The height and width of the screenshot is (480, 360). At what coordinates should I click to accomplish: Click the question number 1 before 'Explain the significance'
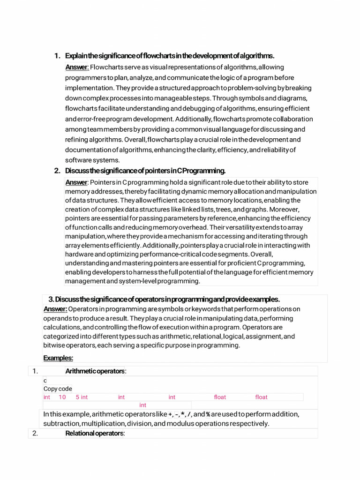(57, 56)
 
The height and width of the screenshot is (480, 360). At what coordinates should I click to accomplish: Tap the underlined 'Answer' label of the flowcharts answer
(76, 67)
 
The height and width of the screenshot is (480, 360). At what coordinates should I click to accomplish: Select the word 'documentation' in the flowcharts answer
(88, 150)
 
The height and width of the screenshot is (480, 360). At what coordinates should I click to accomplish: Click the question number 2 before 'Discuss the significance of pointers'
(57, 171)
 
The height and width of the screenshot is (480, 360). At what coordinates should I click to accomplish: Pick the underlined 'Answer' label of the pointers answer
(76, 182)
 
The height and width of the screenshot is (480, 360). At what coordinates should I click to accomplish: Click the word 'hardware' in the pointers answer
(79, 254)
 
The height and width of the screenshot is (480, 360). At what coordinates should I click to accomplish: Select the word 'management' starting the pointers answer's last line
(85, 281)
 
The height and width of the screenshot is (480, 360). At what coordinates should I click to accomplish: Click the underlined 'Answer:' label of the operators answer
(55, 309)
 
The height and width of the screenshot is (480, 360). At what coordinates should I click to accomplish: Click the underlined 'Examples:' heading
(58, 358)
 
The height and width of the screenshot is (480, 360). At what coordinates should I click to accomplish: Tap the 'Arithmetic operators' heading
(96, 371)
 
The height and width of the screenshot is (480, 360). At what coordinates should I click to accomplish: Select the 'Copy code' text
(58, 389)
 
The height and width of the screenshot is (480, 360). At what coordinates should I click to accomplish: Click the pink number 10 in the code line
(62, 397)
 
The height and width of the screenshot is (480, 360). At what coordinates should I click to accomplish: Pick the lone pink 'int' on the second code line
(143, 405)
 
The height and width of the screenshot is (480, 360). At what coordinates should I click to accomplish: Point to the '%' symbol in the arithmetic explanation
(208, 414)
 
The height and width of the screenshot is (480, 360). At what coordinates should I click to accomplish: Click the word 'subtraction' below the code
(61, 424)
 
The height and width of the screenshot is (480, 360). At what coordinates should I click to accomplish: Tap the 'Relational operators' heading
(95, 434)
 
